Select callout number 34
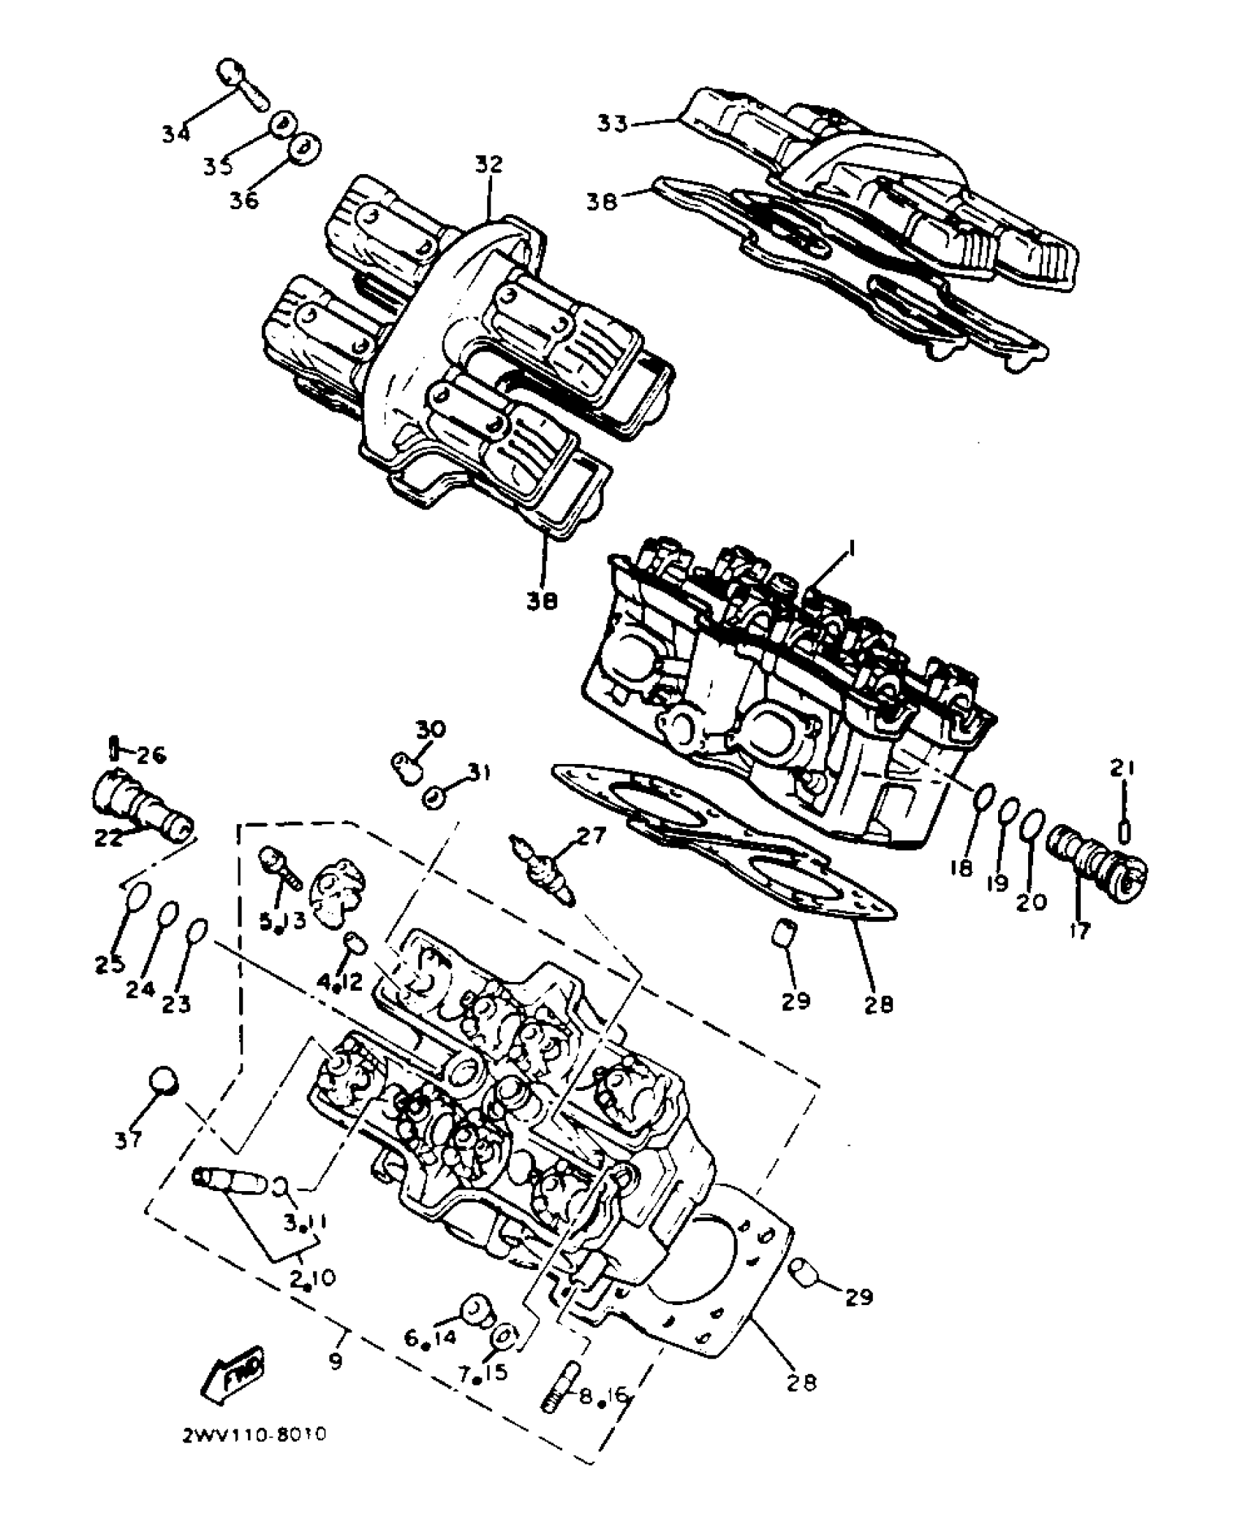tap(176, 135)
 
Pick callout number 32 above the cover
tap(488, 164)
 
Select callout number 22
tap(108, 839)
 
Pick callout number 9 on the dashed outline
tap(336, 1361)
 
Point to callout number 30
tap(431, 730)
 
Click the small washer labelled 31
tap(434, 798)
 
